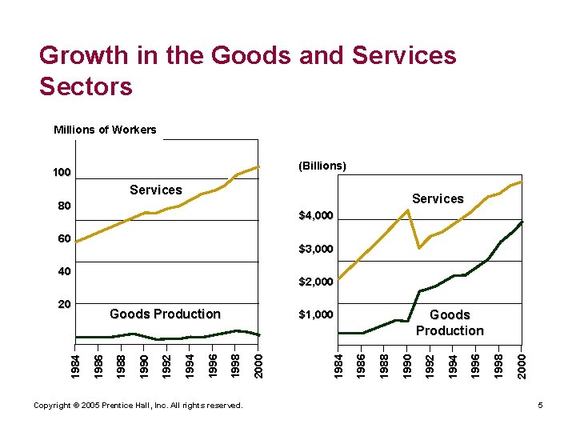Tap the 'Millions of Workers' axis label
[105, 130]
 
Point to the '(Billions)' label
[322, 166]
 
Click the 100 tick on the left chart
[62, 173]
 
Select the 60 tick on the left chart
[64, 238]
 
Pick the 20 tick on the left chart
[64, 305]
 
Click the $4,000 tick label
[316, 216]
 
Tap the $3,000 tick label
[316, 250]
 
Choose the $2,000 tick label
[316, 282]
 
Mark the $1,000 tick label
[316, 314]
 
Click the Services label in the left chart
[156, 190]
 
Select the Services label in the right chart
[438, 198]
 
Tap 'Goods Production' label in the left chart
[165, 314]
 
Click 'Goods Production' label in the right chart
[450, 322]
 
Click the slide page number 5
[541, 406]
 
